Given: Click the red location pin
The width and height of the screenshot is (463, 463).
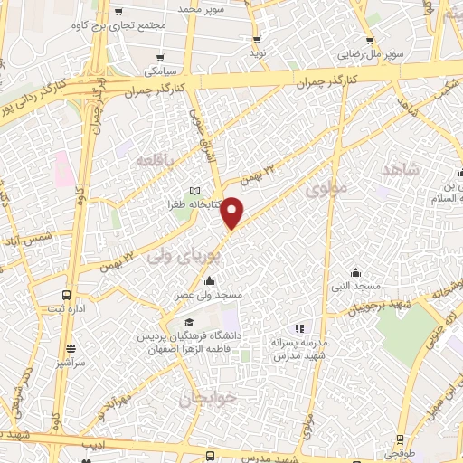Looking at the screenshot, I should click(x=233, y=213).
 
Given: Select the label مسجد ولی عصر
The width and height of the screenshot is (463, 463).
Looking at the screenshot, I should click(x=210, y=296).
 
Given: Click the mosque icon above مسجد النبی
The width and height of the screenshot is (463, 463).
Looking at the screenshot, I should click(x=357, y=271).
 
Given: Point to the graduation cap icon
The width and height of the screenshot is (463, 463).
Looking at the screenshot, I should click(x=189, y=323).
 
